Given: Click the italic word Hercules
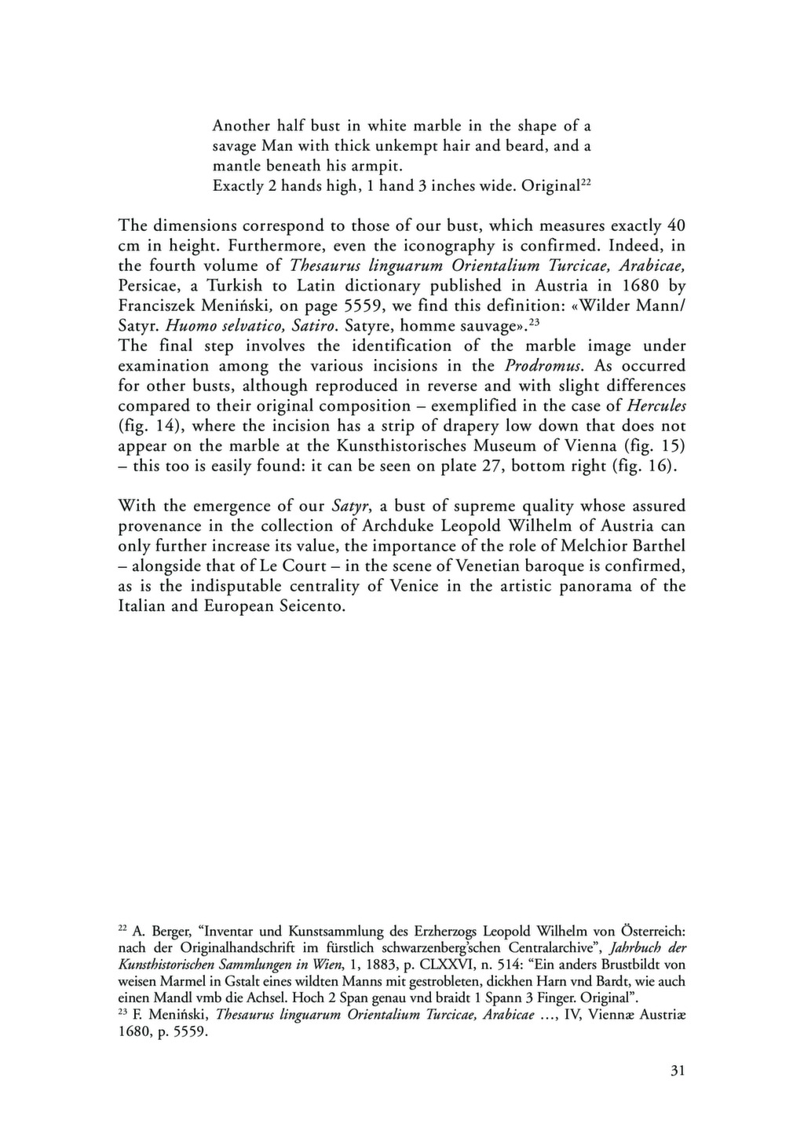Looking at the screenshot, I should click(656, 406).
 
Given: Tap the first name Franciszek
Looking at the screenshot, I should click(159, 306).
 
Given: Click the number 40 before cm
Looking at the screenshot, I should click(675, 225).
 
